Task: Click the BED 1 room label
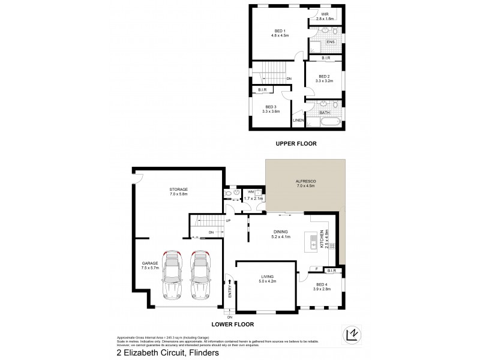(279, 32)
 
